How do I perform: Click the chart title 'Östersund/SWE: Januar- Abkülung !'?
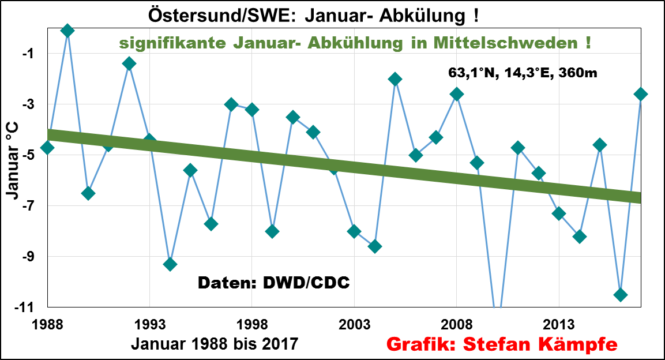[314, 15]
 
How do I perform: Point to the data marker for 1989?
[67, 31]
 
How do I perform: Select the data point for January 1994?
[170, 264]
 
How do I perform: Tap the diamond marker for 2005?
[395, 79]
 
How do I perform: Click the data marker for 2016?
[621, 295]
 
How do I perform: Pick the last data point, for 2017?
[641, 94]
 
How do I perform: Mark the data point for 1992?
[129, 63]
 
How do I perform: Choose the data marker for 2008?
[457, 94]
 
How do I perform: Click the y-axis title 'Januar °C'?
[13, 159]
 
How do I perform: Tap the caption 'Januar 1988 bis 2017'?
[215, 344]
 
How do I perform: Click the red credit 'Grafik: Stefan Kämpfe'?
[502, 344]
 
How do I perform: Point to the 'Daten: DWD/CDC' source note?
[274, 283]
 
